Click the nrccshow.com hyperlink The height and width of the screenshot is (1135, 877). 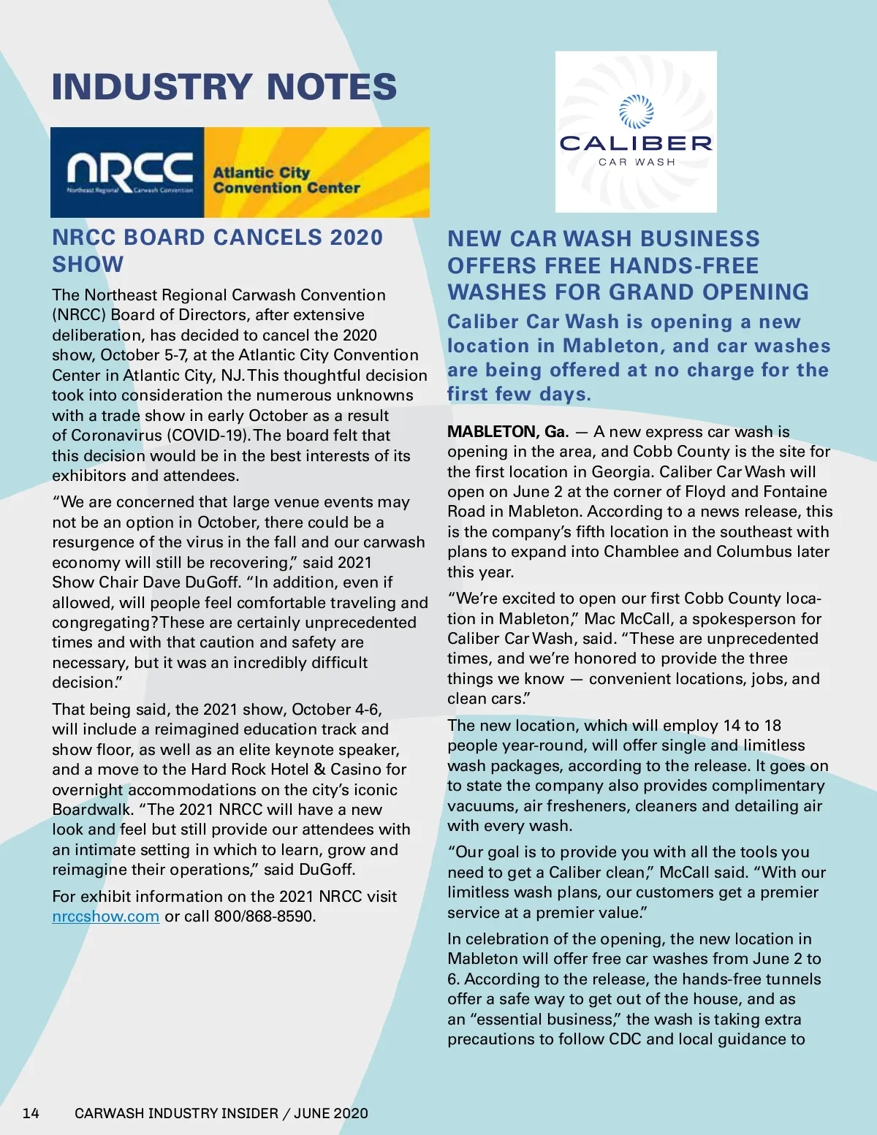coord(105,916)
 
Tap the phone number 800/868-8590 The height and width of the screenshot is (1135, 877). coord(264,916)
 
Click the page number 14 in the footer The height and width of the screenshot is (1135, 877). coord(31,1113)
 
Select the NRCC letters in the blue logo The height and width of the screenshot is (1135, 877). coord(130,170)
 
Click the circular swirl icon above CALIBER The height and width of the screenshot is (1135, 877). coord(636,111)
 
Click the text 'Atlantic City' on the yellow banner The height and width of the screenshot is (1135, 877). coord(261,172)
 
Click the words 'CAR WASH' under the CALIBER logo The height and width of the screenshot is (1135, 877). coord(637,162)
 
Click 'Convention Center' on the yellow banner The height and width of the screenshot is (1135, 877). coord(286,188)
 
